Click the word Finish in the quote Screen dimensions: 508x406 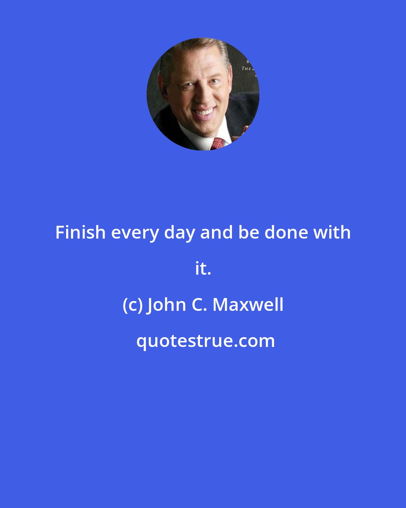[x=80, y=233]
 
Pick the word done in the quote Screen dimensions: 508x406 [x=286, y=233]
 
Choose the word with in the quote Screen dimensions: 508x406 [x=332, y=233]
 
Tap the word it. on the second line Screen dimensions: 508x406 [x=203, y=269]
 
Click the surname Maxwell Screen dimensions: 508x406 [x=248, y=305]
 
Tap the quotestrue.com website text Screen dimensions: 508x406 [x=205, y=341]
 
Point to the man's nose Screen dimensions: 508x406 [x=200, y=97]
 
